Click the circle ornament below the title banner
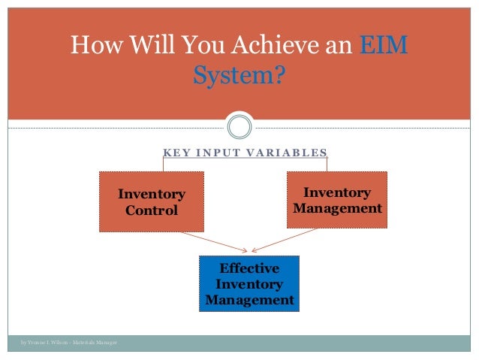[x=239, y=126]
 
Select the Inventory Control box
[x=152, y=201]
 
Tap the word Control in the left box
[x=152, y=210]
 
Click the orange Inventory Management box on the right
[x=337, y=200]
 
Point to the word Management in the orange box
[x=337, y=208]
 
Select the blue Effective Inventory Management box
[x=249, y=284]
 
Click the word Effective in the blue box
[x=249, y=268]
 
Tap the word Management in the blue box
[x=249, y=301]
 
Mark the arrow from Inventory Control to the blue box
[x=203, y=241]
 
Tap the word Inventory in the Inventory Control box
[x=152, y=195]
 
